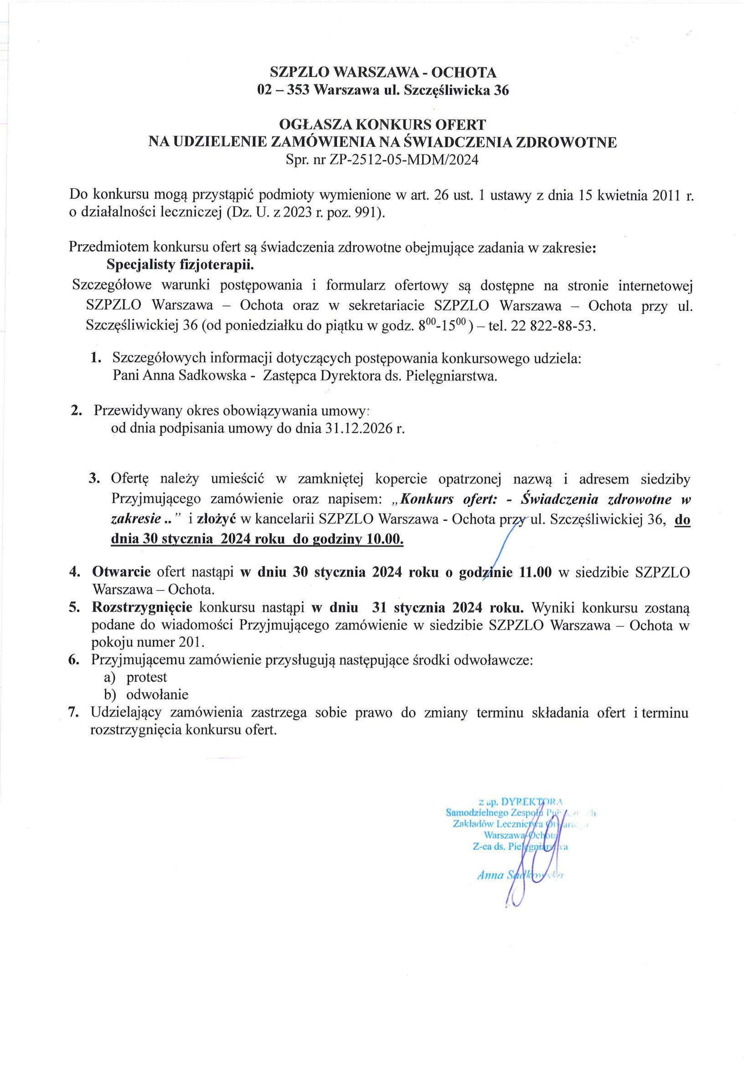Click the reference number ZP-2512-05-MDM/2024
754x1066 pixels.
(x=403, y=160)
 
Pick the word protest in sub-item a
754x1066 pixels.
(x=147, y=677)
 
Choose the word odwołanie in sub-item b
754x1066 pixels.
(x=157, y=695)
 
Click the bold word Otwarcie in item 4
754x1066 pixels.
(x=121, y=572)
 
